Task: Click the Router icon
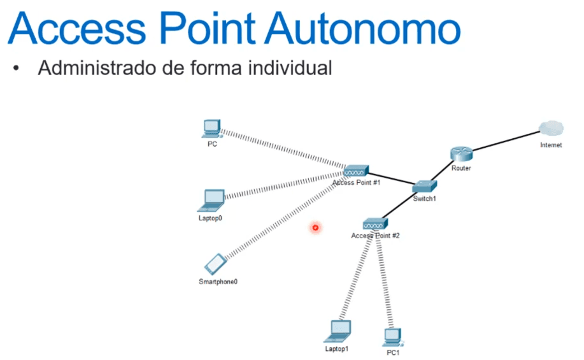[x=462, y=154]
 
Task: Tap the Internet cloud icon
[x=552, y=129]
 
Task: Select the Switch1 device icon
[x=425, y=186]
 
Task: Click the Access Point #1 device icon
[x=356, y=171]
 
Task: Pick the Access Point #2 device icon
[x=376, y=224]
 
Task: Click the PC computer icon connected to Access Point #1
[x=212, y=129]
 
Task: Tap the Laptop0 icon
[x=212, y=201]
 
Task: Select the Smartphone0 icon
[x=215, y=264]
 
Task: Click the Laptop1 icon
[x=338, y=331]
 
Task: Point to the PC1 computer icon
[x=393, y=338]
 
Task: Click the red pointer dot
[x=315, y=227]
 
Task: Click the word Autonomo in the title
[x=362, y=29]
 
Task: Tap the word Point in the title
[x=208, y=29]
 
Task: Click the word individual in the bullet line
[x=290, y=68]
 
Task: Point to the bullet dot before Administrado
[x=16, y=68]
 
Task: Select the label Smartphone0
[x=218, y=282]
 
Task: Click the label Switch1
[x=425, y=199]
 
